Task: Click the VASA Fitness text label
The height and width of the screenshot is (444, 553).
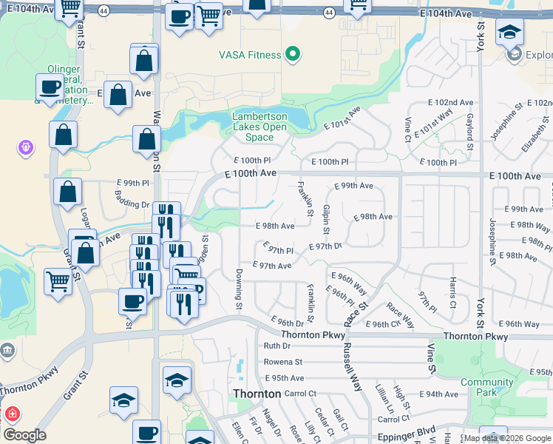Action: pyautogui.click(x=250, y=55)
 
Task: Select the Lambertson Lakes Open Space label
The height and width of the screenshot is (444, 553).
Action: pyautogui.click(x=259, y=127)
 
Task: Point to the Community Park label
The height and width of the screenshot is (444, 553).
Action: pyautogui.click(x=486, y=387)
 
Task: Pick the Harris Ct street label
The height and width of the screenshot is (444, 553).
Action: pyautogui.click(x=452, y=293)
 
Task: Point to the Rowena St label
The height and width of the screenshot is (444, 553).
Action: pyautogui.click(x=283, y=362)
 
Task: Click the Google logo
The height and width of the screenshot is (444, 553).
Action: pyautogui.click(x=24, y=435)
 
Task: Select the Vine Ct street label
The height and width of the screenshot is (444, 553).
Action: pyautogui.click(x=408, y=129)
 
